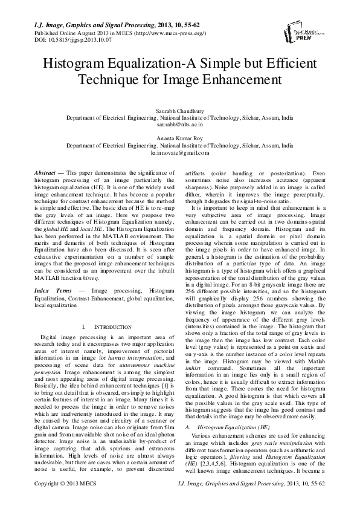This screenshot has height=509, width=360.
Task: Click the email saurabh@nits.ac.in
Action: [180, 124]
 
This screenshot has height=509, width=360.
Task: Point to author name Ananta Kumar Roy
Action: [180, 139]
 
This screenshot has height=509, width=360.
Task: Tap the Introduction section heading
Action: [106, 326]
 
